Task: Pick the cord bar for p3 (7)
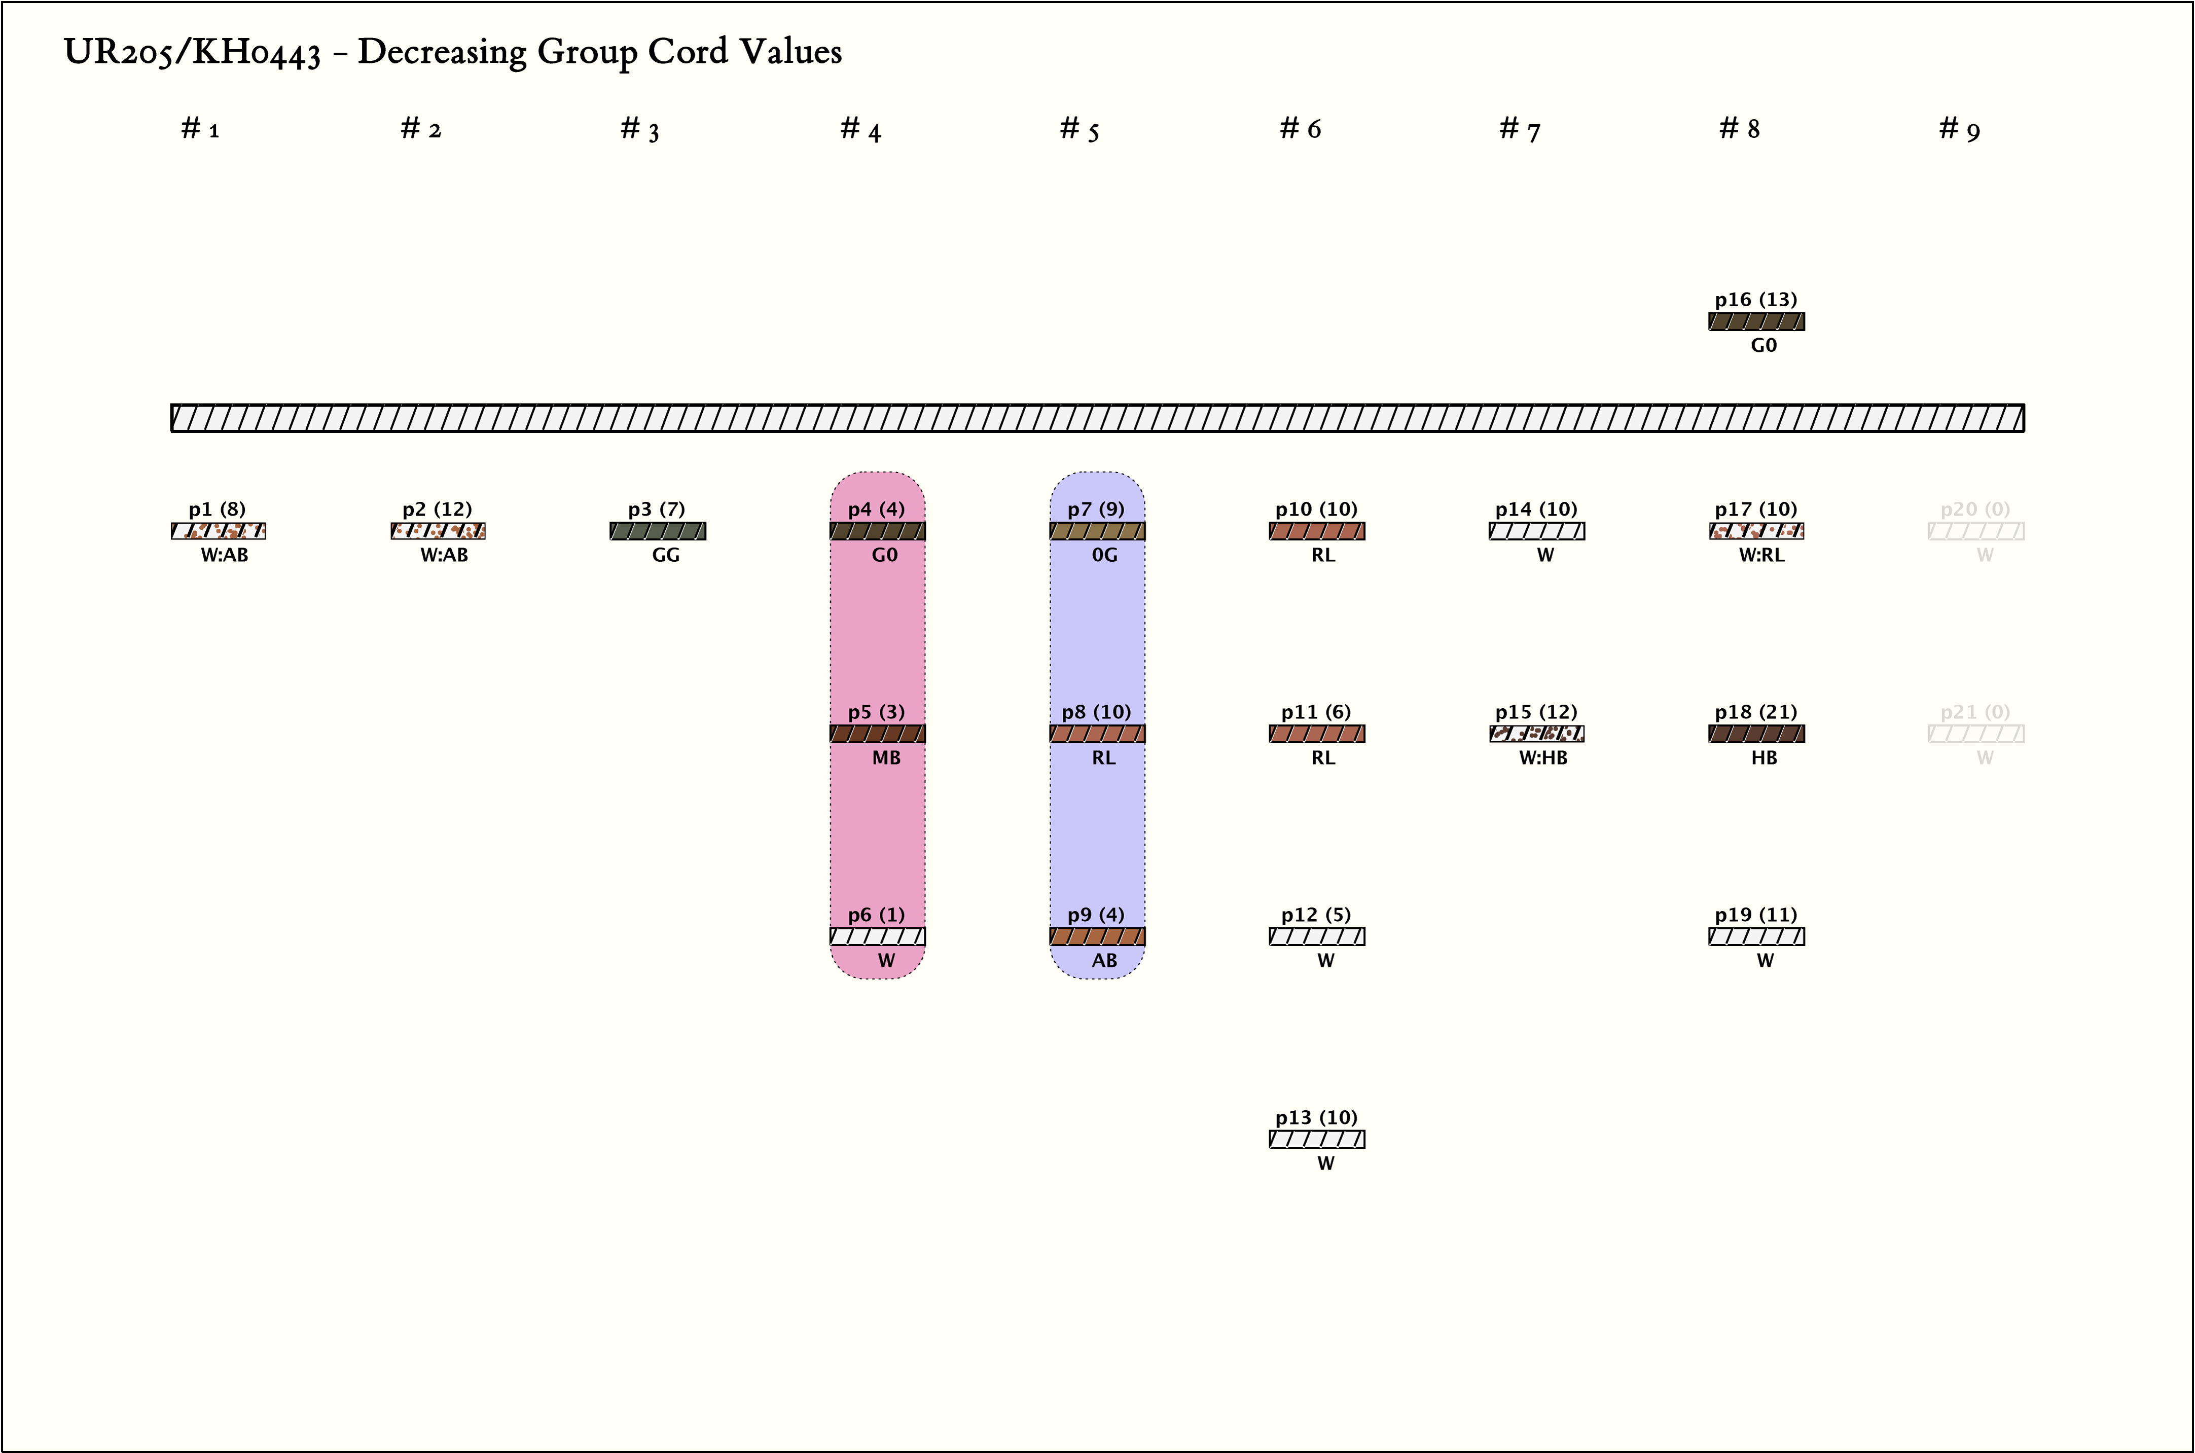(658, 531)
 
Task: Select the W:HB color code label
(1543, 758)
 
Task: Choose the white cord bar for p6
(878, 937)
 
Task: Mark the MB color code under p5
(886, 758)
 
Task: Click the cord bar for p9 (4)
(1097, 937)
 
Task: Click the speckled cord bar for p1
(219, 531)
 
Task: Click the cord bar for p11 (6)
(1317, 734)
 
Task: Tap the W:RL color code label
(1761, 555)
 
